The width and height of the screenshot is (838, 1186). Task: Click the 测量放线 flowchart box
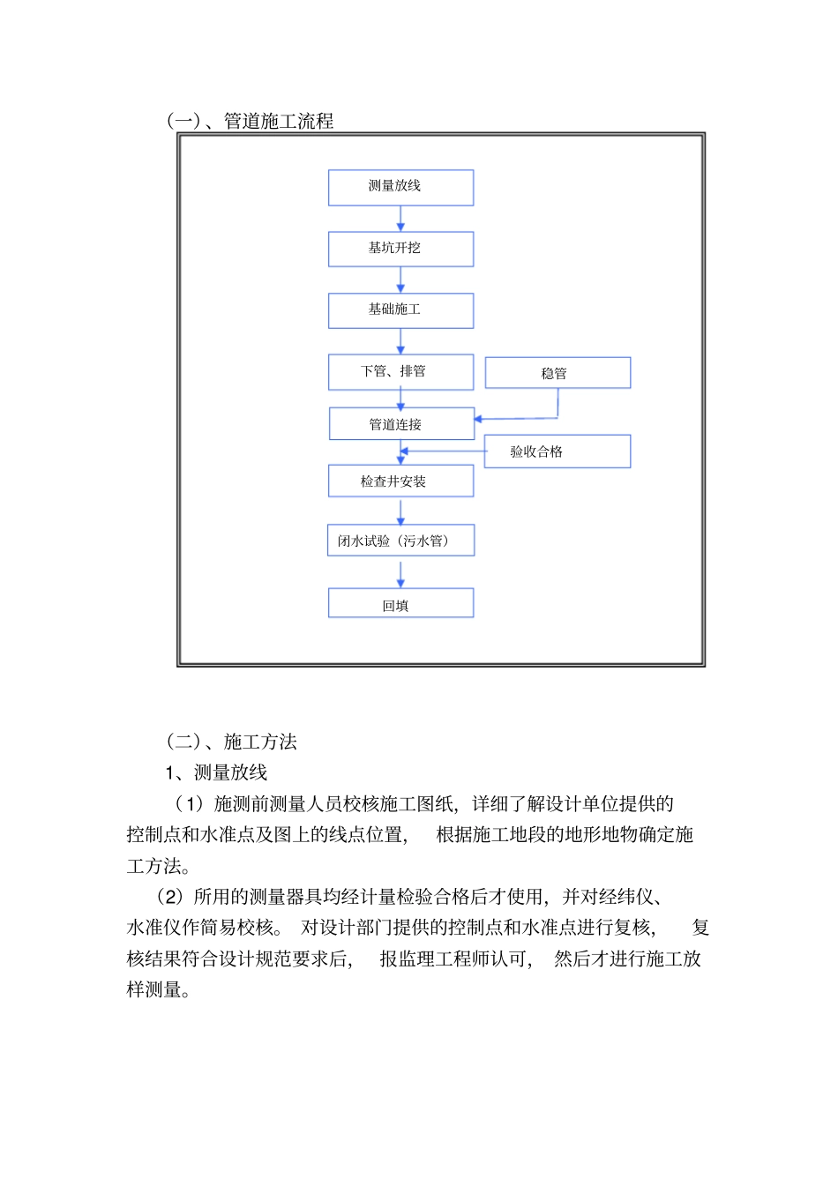[x=400, y=187]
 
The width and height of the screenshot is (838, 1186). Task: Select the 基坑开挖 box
[x=400, y=249]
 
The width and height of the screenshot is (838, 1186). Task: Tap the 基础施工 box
[x=400, y=310]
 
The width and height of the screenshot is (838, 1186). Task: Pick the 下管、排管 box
[x=400, y=371]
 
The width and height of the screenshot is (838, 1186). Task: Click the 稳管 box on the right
[x=557, y=373]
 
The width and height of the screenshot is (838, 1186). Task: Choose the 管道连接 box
[x=401, y=423]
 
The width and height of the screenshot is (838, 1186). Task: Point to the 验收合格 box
[x=557, y=451]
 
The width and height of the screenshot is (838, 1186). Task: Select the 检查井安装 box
[x=400, y=481]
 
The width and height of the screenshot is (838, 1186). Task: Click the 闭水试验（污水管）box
[x=400, y=541]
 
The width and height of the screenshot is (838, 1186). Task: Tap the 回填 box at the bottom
[x=400, y=604]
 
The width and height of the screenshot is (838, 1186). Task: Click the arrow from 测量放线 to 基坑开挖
[x=400, y=218]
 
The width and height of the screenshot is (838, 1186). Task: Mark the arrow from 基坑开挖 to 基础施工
[x=400, y=280]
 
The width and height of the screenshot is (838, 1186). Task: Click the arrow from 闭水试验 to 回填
[x=400, y=572]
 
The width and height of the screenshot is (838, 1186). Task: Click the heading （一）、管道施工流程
[x=251, y=121]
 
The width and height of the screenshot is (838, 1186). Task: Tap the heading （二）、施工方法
[x=232, y=742]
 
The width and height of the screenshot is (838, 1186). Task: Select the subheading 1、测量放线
[x=217, y=772]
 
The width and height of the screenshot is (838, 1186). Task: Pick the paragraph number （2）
[x=170, y=897]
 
